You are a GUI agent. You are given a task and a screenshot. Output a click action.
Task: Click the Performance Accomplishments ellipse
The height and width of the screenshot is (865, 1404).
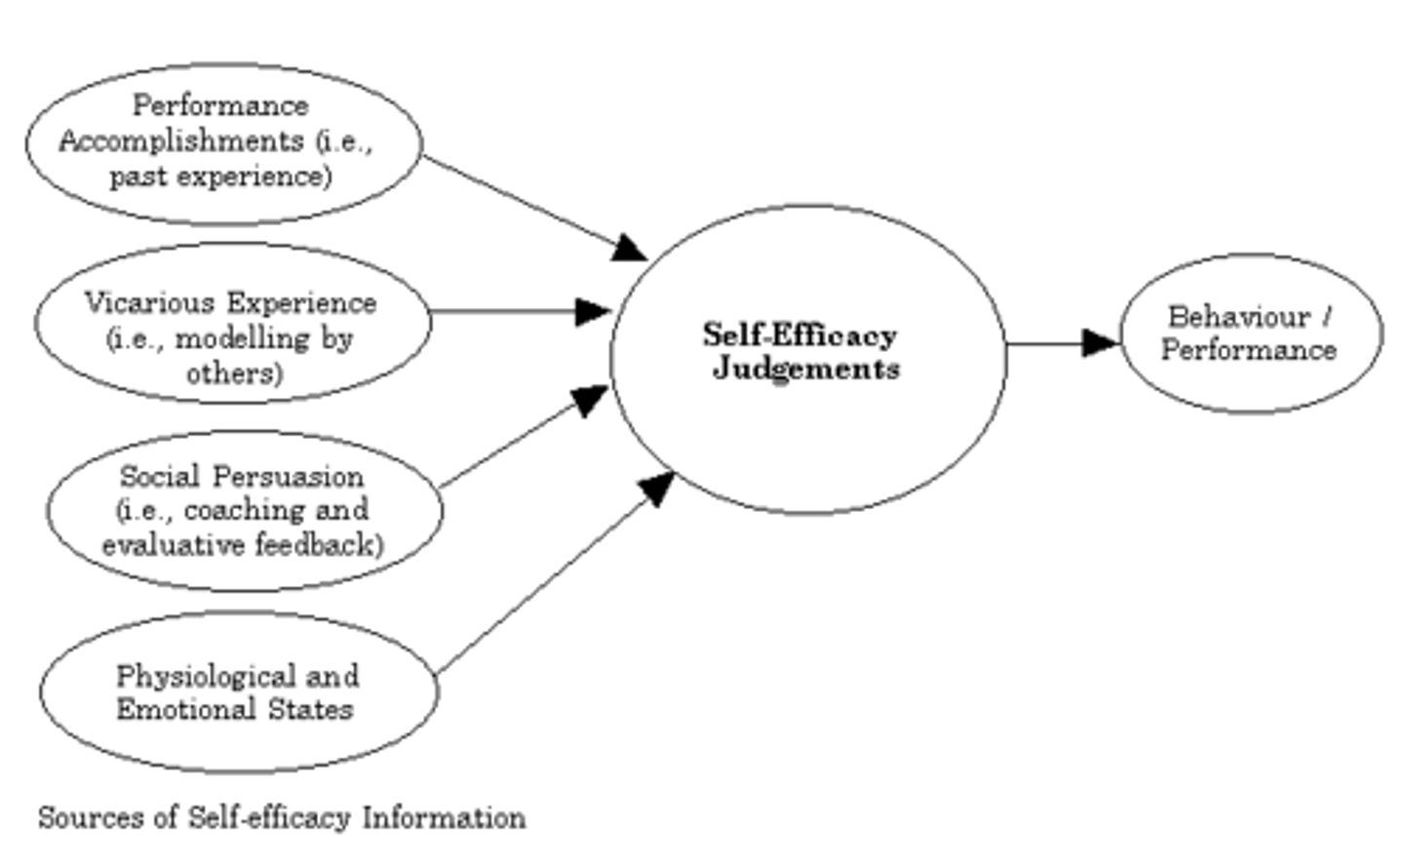223,142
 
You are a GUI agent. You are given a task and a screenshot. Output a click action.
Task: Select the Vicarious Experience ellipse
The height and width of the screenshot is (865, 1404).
232,323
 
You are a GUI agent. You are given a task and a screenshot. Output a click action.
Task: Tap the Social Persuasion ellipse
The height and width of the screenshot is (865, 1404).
244,510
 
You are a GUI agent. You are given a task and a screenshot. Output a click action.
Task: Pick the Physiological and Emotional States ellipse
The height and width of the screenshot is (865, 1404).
238,691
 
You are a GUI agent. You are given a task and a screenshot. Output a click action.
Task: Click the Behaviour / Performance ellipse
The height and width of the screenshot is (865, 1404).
1251,333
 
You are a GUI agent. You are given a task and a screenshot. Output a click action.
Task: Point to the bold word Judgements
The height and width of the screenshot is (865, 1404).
805,369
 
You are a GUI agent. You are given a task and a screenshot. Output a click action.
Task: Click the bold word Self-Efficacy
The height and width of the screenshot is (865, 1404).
799,334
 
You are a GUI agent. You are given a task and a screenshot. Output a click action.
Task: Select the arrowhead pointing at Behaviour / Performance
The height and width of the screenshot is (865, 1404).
1102,342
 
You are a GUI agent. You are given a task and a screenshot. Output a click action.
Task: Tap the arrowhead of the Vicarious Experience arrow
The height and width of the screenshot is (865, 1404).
593,312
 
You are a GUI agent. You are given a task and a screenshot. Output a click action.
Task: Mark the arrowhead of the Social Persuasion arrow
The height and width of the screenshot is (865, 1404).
590,399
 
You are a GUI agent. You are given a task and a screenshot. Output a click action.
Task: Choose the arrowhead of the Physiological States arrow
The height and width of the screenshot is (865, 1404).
658,487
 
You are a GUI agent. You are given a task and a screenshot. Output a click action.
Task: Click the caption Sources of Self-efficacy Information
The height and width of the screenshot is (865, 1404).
282,817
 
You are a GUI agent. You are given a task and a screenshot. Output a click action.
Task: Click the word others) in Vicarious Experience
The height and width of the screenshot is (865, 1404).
234,374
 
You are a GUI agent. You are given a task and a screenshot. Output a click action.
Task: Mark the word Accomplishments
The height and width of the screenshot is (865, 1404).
180,141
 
